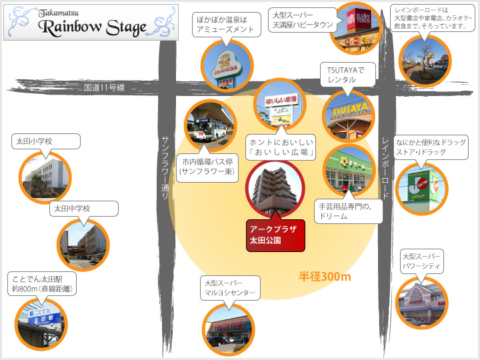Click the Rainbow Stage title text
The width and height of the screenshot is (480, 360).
click(x=92, y=27)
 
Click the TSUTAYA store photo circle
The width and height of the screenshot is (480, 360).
click(x=347, y=114)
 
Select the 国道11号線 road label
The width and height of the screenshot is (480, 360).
click(x=105, y=87)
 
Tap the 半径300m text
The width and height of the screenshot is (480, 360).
click(x=325, y=276)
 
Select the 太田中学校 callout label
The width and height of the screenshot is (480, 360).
click(x=84, y=209)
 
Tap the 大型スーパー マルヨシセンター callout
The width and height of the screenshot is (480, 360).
click(x=229, y=288)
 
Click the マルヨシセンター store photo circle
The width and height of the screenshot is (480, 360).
click(x=229, y=328)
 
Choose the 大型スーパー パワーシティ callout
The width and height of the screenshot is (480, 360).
click(x=421, y=261)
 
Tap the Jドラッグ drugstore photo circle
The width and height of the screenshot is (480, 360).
click(x=421, y=189)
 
